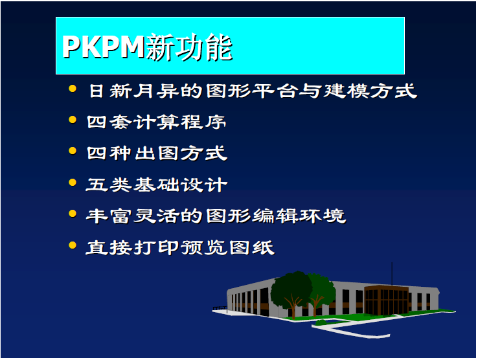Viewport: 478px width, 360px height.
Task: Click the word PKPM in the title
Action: coord(103,47)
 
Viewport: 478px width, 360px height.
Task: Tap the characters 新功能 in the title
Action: coord(189,47)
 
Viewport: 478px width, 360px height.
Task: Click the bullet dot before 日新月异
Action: coord(73,89)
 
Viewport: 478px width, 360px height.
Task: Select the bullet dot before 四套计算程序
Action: coord(73,120)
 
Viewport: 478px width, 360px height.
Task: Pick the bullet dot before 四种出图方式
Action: coord(73,151)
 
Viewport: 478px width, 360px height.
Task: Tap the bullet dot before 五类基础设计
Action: coord(73,183)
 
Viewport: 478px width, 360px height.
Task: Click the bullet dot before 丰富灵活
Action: coord(73,214)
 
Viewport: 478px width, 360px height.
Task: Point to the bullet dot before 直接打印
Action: coord(73,245)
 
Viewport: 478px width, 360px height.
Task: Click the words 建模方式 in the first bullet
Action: coord(370,91)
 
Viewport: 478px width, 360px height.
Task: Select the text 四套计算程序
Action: coord(157,122)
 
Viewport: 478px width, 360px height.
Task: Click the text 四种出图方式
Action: coord(157,153)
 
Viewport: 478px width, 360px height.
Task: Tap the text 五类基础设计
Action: coord(157,185)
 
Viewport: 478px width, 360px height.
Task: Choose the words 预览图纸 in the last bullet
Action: coord(228,247)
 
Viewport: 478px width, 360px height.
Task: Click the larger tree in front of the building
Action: coord(291,292)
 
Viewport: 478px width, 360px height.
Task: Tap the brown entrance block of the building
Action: coord(387,300)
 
